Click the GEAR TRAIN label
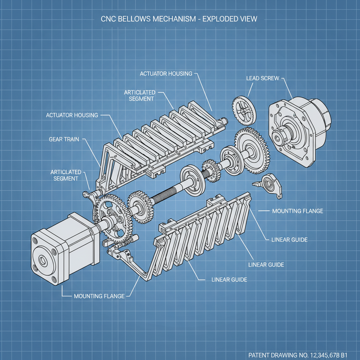coord(64,140)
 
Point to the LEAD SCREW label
coord(263,78)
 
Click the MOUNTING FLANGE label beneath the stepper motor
coord(99,296)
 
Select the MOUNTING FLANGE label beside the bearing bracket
coord(297,211)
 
